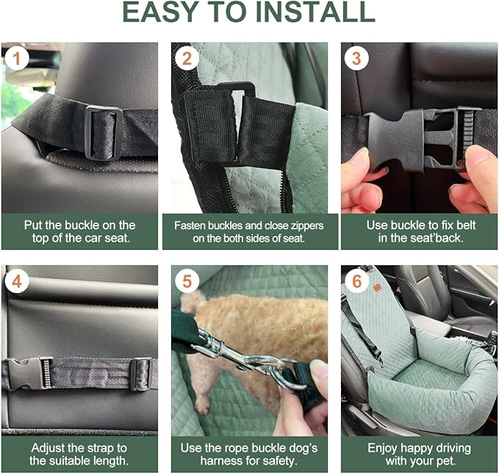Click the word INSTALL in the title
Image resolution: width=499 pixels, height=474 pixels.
(x=315, y=14)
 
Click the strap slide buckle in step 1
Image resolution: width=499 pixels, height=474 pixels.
(x=103, y=132)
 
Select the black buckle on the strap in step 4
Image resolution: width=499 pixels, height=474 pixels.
(x=29, y=373)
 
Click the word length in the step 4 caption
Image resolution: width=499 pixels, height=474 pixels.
(x=110, y=462)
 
